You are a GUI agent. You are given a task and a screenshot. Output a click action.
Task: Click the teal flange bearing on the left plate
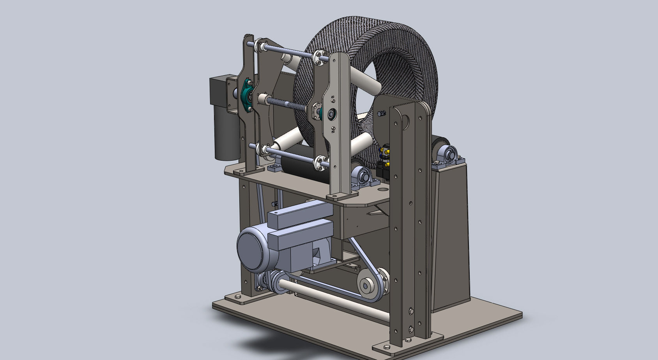pos(246,95)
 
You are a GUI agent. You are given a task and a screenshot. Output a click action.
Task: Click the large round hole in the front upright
pos(404,121)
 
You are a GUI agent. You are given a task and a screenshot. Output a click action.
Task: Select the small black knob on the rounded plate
pos(380,113)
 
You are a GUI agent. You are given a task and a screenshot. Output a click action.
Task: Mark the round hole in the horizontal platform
pos(383,189)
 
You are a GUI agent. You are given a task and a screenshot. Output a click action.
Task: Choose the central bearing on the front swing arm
pos(332,114)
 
